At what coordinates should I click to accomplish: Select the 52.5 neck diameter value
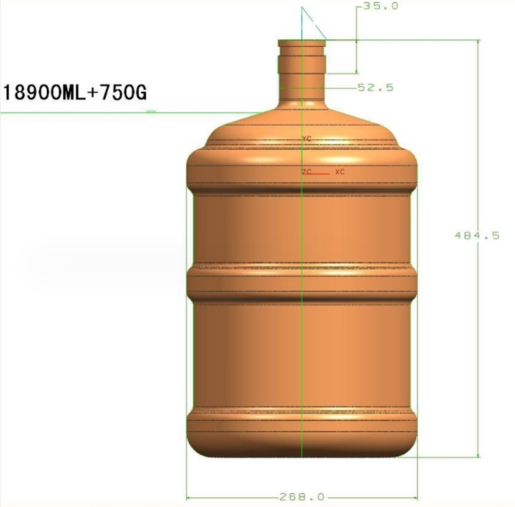click(x=375, y=87)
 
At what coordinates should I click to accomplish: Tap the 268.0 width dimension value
click(x=301, y=497)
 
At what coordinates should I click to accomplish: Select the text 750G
click(x=124, y=91)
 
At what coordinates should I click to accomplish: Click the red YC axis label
click(x=307, y=139)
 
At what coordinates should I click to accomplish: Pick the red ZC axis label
click(x=306, y=172)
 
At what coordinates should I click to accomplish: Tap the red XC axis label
click(x=339, y=172)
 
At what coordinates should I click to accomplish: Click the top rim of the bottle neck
click(x=301, y=41)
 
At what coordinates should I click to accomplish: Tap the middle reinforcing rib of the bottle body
click(x=301, y=281)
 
